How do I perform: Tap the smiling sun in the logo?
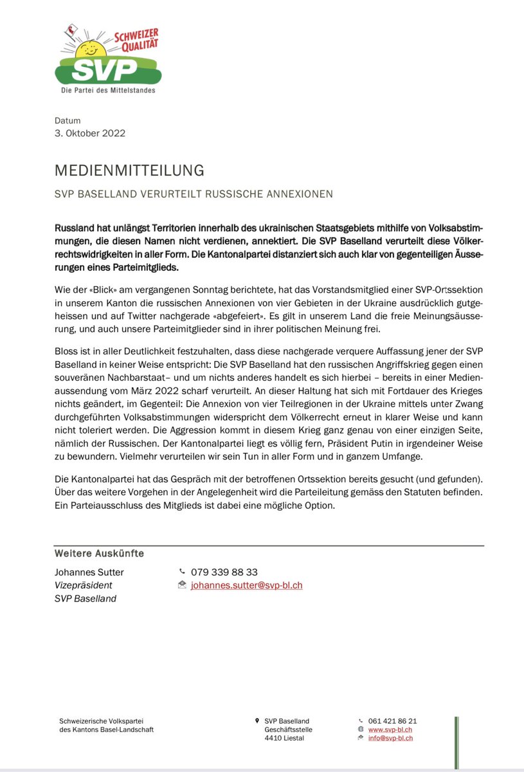click(x=89, y=49)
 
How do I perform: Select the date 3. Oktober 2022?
click(x=89, y=134)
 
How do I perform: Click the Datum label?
click(x=68, y=120)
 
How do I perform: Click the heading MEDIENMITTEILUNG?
click(x=129, y=170)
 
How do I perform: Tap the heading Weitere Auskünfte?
click(x=99, y=553)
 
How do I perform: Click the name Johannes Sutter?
click(x=89, y=572)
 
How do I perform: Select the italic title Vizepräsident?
click(x=84, y=585)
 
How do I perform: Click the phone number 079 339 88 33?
click(x=224, y=572)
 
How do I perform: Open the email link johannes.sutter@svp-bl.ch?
click(x=246, y=585)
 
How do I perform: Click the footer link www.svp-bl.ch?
click(x=390, y=730)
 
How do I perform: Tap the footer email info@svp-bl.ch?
click(x=390, y=738)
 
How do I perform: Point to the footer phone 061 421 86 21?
click(x=392, y=721)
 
